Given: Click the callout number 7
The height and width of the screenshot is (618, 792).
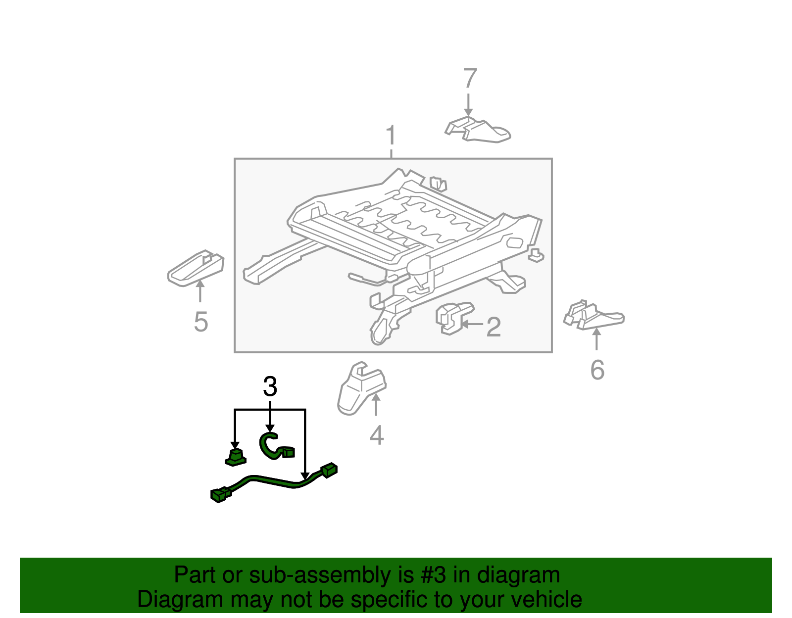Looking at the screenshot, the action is point(470,78).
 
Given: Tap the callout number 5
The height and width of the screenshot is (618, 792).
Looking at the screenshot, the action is point(201,322).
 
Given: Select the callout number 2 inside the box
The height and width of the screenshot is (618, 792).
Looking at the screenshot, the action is point(494,327).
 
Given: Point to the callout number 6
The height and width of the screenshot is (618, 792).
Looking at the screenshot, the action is point(597,370).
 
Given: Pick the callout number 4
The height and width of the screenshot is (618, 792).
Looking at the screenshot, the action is point(377,435).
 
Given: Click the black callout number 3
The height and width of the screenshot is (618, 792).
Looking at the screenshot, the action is point(270,386).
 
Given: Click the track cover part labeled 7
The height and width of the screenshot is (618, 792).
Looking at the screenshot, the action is point(478,130).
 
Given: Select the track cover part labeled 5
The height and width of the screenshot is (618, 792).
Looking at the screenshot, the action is point(196,268).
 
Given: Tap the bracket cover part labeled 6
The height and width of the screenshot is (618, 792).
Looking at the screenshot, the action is point(594,315).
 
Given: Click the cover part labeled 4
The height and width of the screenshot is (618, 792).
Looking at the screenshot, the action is point(361,388).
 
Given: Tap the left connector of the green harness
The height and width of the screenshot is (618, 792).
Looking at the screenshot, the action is point(221,494).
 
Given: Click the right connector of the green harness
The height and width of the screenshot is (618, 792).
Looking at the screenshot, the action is point(328,470).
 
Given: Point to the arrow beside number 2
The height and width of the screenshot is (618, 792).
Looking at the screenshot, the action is point(472,324).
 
